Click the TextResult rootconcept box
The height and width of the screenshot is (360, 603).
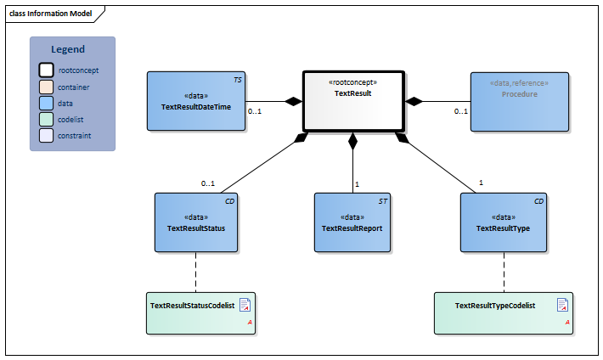[353, 101]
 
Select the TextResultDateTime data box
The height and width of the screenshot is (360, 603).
[196, 101]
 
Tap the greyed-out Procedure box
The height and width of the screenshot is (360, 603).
[519, 101]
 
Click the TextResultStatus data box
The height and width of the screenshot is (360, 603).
[196, 222]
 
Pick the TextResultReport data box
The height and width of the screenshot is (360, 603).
[353, 222]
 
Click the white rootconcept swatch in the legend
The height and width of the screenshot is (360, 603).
[47, 71]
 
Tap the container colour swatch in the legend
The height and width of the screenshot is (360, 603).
[47, 87]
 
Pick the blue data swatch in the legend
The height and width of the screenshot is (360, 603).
[47, 104]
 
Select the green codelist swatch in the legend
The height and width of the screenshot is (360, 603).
[47, 120]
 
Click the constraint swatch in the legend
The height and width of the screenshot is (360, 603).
[47, 136]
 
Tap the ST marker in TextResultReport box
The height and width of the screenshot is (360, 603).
[383, 201]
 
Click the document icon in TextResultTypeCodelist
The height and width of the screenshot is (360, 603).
[562, 304]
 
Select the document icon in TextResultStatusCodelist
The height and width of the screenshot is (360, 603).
[245, 304]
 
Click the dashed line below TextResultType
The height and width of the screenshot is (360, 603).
[504, 272]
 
